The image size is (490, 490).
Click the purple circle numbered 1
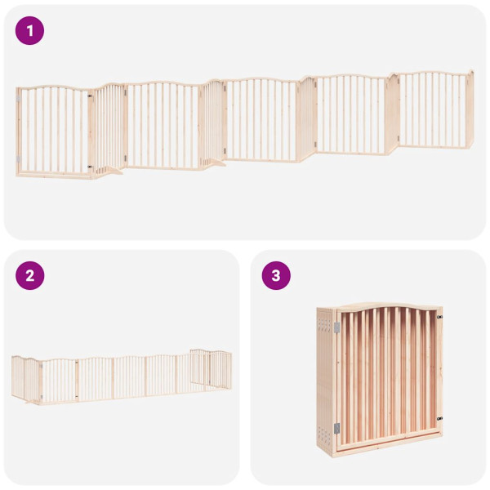click(x=30, y=31)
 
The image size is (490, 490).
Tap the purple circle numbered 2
click(x=30, y=275)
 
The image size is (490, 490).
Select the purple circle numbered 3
click(x=276, y=275)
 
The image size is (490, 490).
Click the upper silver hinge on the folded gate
click(x=336, y=327)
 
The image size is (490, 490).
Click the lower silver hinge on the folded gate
click(x=336, y=429)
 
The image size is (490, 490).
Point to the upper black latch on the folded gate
click(x=439, y=316)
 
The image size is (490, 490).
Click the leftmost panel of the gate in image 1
click(x=52, y=131)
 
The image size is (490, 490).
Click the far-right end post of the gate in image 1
click(x=470, y=110)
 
